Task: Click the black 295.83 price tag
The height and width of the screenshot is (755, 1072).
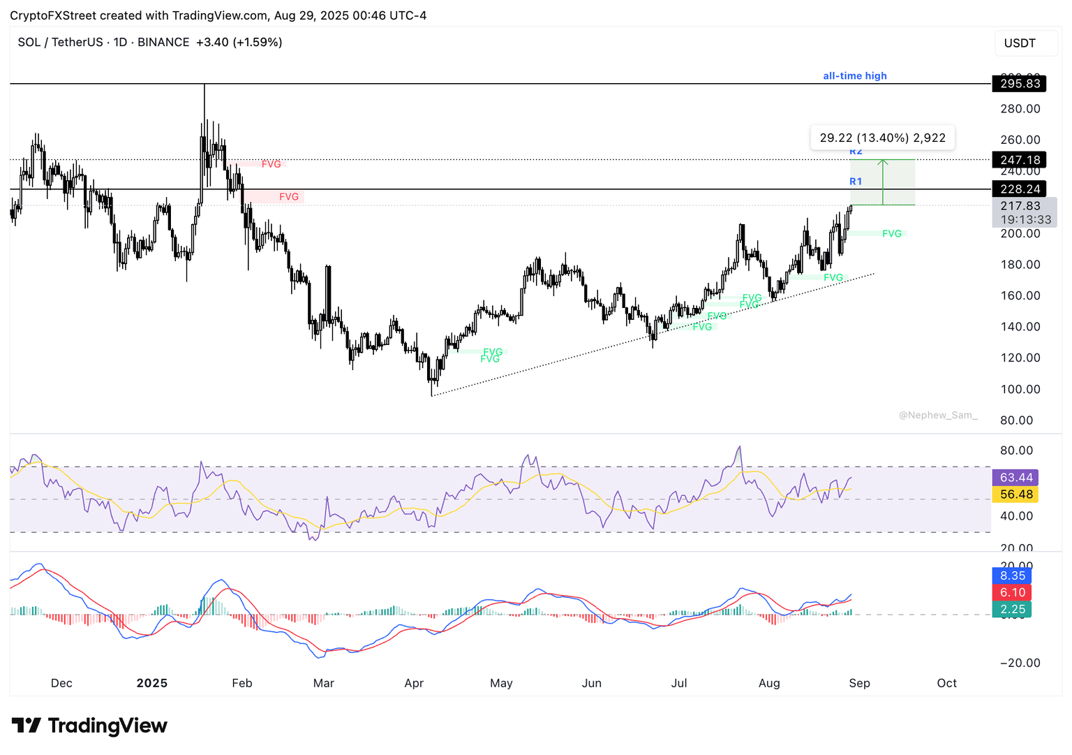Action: tap(1020, 84)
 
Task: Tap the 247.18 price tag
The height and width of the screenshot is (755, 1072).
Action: tap(1020, 160)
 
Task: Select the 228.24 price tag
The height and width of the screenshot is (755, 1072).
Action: tap(1020, 189)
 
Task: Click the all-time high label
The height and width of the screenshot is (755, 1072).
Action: tap(854, 76)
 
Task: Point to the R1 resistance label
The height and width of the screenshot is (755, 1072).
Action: tap(856, 182)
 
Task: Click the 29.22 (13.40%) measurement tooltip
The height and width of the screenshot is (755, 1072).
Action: tap(882, 138)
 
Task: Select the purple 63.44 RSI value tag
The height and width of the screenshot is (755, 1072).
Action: tap(1015, 478)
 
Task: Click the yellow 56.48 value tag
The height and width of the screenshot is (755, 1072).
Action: tap(1015, 494)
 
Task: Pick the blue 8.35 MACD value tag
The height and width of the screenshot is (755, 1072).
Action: tap(1012, 576)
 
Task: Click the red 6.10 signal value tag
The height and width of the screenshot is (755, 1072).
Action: tap(1012, 592)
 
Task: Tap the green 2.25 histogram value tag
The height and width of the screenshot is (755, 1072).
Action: tap(1012, 609)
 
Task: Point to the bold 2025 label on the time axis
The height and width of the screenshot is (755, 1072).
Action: tap(152, 683)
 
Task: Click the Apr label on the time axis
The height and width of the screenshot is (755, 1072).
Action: tap(414, 683)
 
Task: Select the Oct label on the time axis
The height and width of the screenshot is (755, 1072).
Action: tap(946, 683)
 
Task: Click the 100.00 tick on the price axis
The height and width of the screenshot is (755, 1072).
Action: tap(1020, 389)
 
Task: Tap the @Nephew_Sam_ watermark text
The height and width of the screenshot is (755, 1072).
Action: tap(938, 415)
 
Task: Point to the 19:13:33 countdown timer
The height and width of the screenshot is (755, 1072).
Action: tap(1025, 220)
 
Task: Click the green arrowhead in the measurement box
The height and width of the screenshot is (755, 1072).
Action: tap(883, 163)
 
